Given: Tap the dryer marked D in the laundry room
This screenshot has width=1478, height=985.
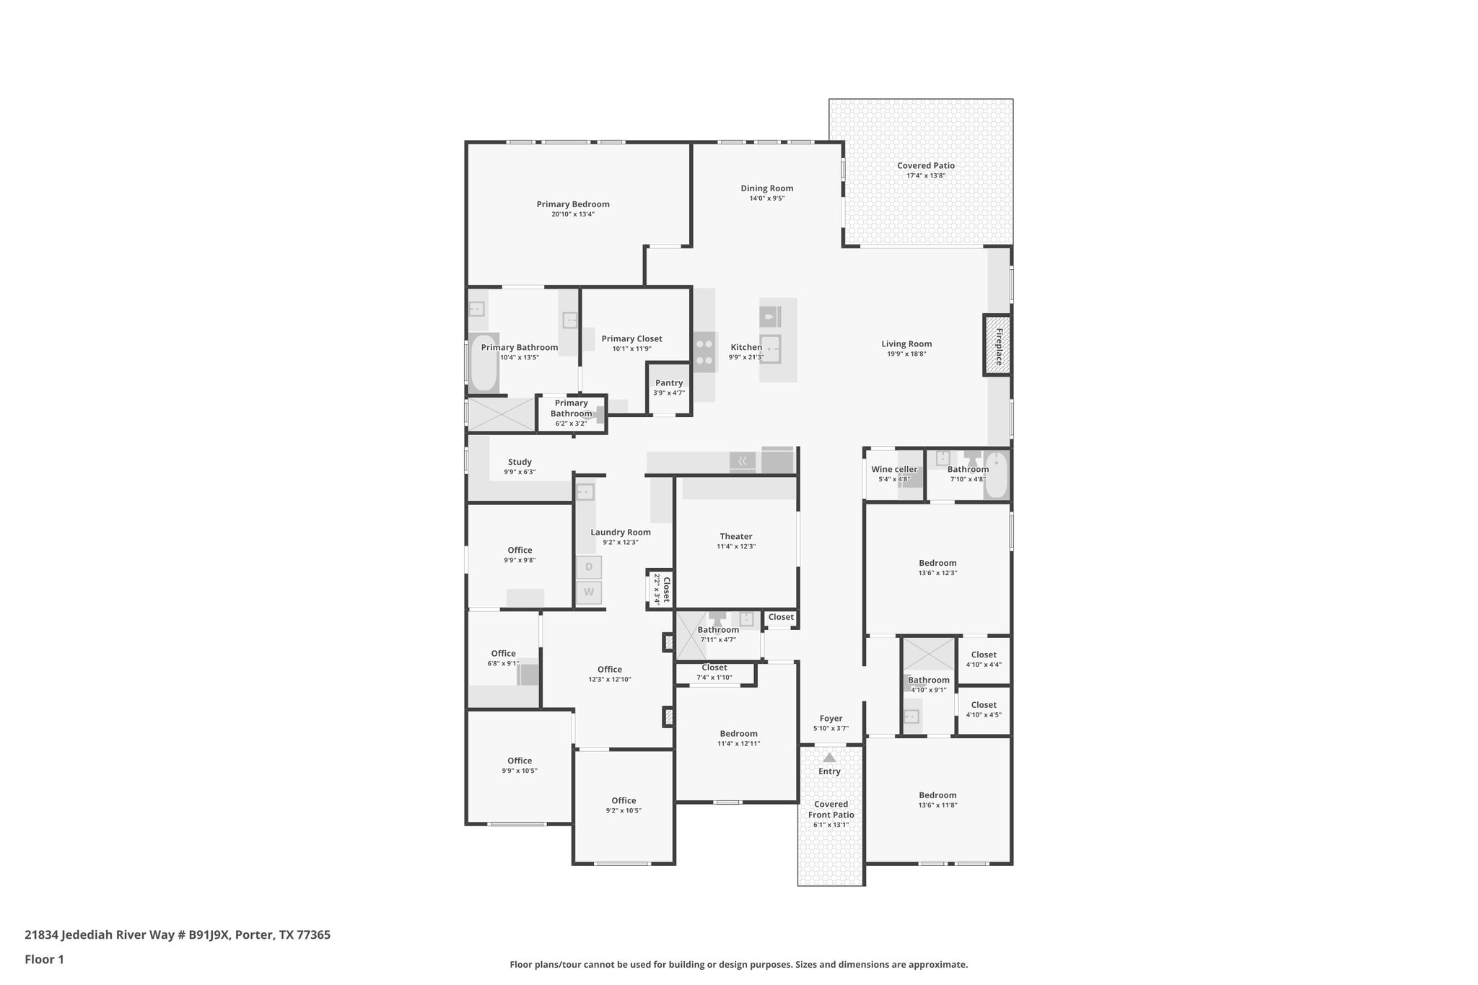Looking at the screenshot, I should pos(588,567).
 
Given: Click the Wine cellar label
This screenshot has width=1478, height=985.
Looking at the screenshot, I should pos(894,470).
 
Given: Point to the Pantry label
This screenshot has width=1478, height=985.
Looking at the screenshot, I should pos(669,383).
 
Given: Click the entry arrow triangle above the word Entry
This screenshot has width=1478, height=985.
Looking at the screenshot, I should pos(829,758).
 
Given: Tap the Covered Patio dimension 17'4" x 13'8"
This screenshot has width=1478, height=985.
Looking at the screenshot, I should pos(926,175).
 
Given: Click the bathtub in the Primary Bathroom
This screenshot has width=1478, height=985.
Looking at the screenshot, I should pos(484,363).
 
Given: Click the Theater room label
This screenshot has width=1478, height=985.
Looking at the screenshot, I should pos(736,536).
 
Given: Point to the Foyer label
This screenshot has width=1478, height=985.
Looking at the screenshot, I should pos(831,719).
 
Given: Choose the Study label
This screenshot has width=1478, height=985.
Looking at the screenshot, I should pos(520,462).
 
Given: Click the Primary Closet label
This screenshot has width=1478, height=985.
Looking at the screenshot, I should pos(631,338).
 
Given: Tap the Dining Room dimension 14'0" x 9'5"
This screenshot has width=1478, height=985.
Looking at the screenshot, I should pos(766,198).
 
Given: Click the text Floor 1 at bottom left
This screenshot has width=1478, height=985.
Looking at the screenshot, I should pos(44,960).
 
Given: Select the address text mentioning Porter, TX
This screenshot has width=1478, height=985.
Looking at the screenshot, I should pos(178,935).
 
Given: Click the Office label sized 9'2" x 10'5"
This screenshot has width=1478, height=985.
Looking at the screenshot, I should pos(624,800).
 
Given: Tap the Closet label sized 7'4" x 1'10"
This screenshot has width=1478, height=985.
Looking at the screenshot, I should pos(714,667).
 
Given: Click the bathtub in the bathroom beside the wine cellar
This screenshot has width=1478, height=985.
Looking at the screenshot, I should pos(997,475).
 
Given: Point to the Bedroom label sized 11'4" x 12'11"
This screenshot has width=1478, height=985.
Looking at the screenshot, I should pos(738,733).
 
